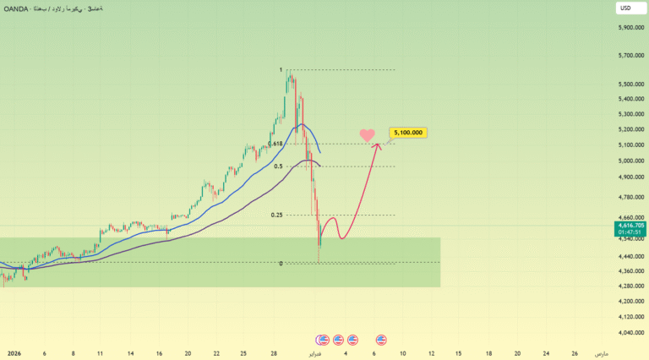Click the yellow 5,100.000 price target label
407,133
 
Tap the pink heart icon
367,135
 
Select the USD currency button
625,8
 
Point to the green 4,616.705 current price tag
632,226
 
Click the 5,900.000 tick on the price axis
632,28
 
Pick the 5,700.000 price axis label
632,57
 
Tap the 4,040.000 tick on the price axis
632,332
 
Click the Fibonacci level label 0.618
275,144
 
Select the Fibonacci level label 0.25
277,215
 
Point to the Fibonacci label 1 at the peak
281,70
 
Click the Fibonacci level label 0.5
278,166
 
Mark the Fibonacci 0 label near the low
281,264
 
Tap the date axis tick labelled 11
100,353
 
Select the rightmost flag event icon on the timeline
381,340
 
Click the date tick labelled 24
546,353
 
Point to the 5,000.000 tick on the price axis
632,161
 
